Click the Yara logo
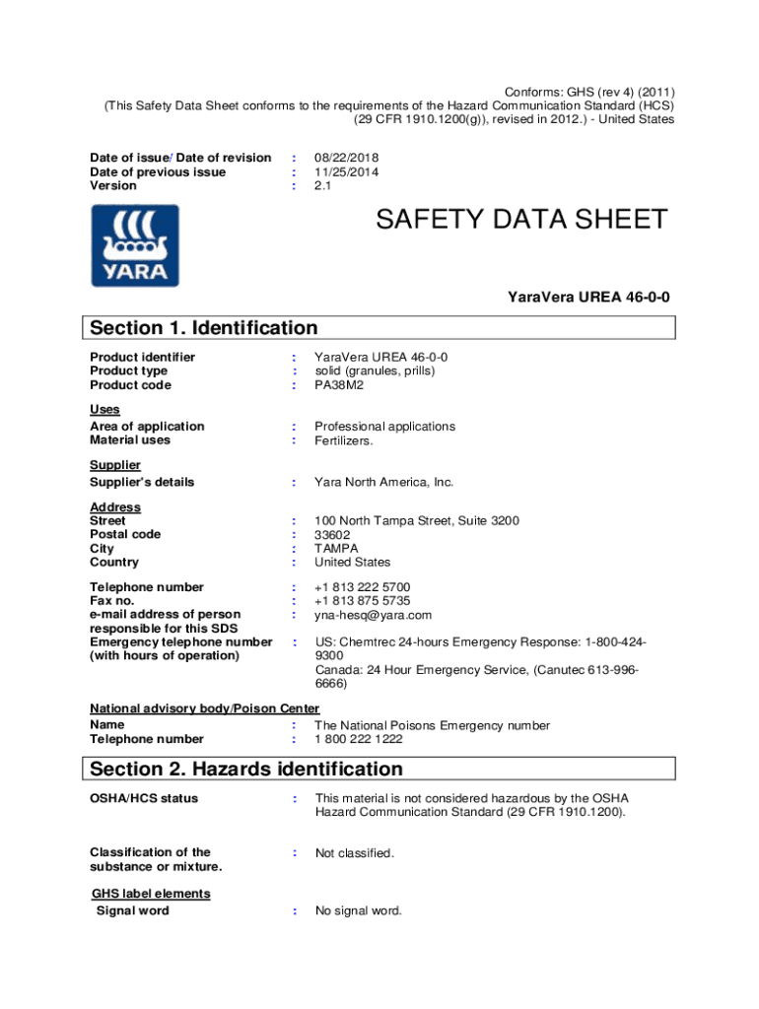135,245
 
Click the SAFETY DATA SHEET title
521,220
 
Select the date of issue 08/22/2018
346,158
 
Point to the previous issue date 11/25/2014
346,171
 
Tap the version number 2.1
323,185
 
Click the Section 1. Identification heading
204,328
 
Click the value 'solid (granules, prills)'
375,370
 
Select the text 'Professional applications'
384,427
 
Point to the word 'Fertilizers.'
344,440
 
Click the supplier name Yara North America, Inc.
383,482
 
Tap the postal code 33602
332,534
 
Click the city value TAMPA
336,548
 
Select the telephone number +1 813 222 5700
363,587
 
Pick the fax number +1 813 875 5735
363,601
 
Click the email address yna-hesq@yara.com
373,615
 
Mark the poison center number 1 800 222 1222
358,739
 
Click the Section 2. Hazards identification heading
246,769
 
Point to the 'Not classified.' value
354,853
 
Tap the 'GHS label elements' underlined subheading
151,894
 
